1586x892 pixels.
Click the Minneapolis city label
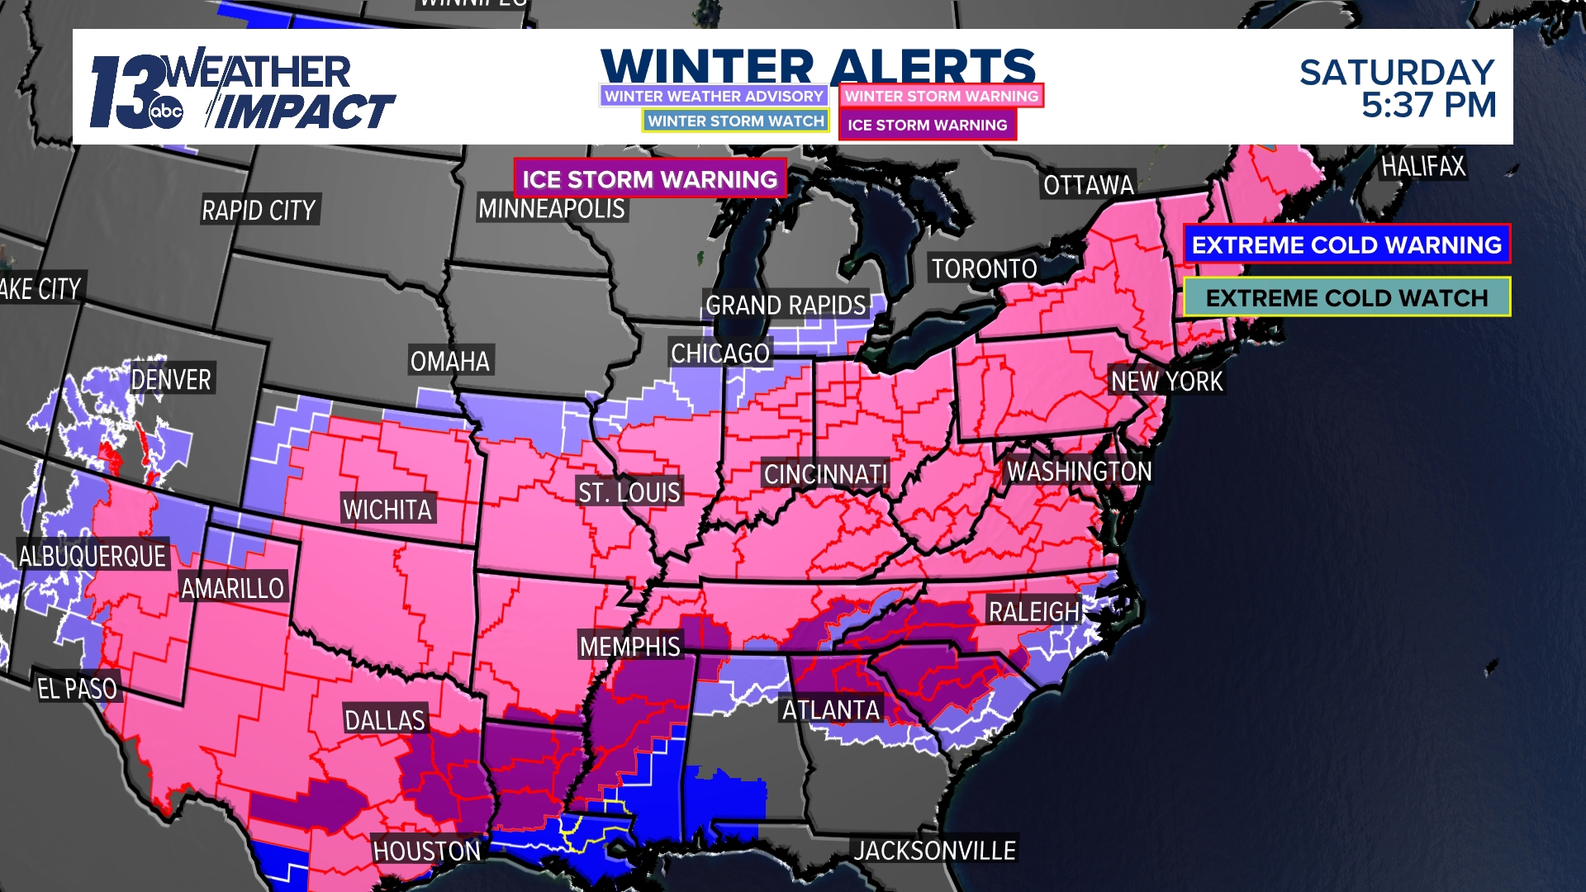(552, 209)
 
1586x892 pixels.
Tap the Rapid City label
(259, 211)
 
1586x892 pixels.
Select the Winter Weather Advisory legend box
(714, 96)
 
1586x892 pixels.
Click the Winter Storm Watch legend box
(735, 121)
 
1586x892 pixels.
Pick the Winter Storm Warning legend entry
(941, 96)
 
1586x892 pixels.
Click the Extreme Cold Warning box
(1346, 244)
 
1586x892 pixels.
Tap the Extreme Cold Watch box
(1346, 297)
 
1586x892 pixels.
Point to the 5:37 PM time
(1428, 106)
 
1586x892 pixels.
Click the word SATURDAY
(1397, 73)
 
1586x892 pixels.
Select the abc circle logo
(166, 112)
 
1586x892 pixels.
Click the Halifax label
(1422, 167)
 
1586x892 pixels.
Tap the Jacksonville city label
(935, 851)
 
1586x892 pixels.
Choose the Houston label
(426, 851)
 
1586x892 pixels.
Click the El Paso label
(78, 688)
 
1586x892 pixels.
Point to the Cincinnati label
(825, 474)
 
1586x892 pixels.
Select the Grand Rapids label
(786, 306)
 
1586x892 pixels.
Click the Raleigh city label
(1034, 612)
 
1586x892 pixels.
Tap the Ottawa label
(1088, 185)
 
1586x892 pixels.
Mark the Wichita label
(387, 510)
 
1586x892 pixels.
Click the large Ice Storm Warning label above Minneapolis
(649, 179)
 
